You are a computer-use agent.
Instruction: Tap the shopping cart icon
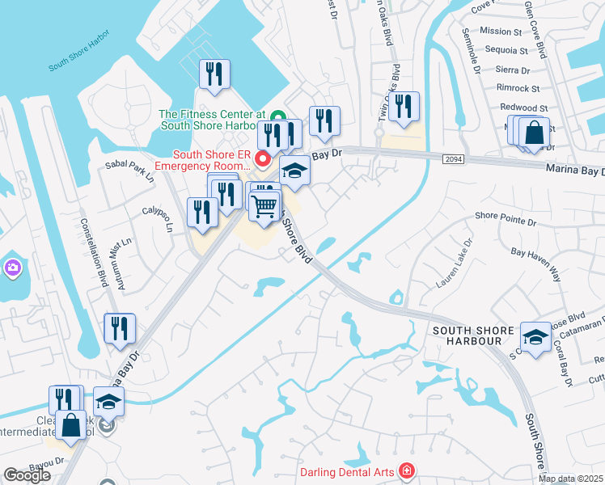point(265,205)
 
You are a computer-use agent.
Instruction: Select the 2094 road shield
point(454,160)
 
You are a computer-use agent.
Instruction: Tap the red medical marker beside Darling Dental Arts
point(406,470)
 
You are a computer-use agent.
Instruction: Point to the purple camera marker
point(12,267)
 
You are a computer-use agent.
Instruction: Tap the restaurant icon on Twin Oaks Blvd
point(404,106)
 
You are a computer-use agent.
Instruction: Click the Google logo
point(27,475)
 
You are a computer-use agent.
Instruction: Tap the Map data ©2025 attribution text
point(570,479)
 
